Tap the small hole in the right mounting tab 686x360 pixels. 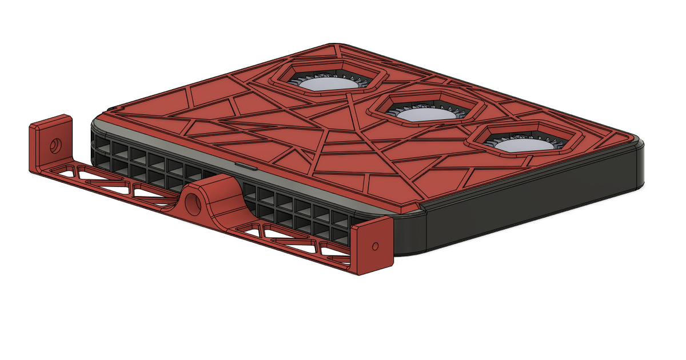(375, 246)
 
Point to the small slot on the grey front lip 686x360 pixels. (246, 166)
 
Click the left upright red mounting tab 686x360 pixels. (43, 149)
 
